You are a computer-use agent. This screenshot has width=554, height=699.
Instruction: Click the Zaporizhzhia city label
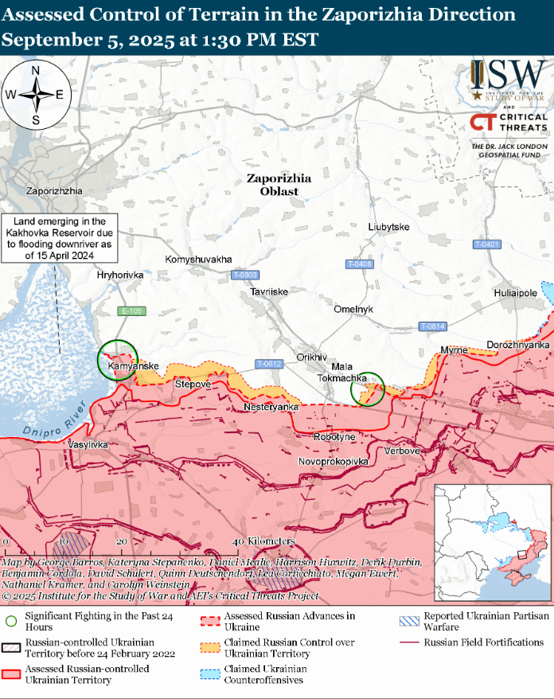pyautogui.click(x=54, y=191)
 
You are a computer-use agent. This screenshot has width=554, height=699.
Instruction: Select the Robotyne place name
pyautogui.click(x=334, y=437)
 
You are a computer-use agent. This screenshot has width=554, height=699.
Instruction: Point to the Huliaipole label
pyautogui.click(x=515, y=292)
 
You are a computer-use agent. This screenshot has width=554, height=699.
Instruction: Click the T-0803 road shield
pyautogui.click(x=245, y=275)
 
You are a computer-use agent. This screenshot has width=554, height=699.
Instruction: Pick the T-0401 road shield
pyautogui.click(x=486, y=244)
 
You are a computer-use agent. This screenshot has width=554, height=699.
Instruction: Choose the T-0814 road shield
pyautogui.click(x=432, y=326)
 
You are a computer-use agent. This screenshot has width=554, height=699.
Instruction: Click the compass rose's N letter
pyautogui.click(x=36, y=70)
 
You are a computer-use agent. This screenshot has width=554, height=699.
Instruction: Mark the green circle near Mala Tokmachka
pyautogui.click(x=368, y=389)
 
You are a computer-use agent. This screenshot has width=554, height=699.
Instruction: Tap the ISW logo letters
pyautogui.click(x=508, y=76)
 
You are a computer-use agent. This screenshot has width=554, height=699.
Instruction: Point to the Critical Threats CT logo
pyautogui.click(x=482, y=122)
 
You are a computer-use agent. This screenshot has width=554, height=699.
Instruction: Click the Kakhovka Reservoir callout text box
pyautogui.click(x=60, y=238)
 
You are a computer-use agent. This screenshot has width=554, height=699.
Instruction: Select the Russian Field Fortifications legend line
pyautogui.click(x=409, y=642)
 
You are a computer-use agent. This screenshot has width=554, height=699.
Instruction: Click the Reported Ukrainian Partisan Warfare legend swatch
pyautogui.click(x=409, y=621)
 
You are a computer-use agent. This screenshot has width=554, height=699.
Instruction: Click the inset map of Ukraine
pyautogui.click(x=492, y=541)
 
